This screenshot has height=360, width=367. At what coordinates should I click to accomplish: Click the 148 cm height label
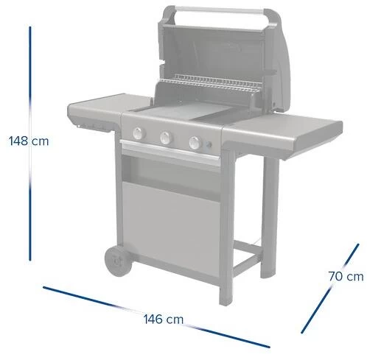pos(29,141)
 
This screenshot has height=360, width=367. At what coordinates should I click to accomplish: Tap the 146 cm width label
pos(164,320)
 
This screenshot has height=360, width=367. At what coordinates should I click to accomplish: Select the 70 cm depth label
pos(346,276)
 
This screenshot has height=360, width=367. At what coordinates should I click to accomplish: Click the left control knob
pos(139,133)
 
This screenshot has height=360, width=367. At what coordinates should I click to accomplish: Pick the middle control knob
pos(166,138)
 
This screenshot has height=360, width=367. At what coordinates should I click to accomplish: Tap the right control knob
pos(195,143)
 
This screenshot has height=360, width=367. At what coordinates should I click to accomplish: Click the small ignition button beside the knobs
pos(209,145)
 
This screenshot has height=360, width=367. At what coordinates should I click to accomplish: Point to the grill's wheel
pos(118,261)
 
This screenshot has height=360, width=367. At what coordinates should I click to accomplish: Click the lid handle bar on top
pos(219,10)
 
